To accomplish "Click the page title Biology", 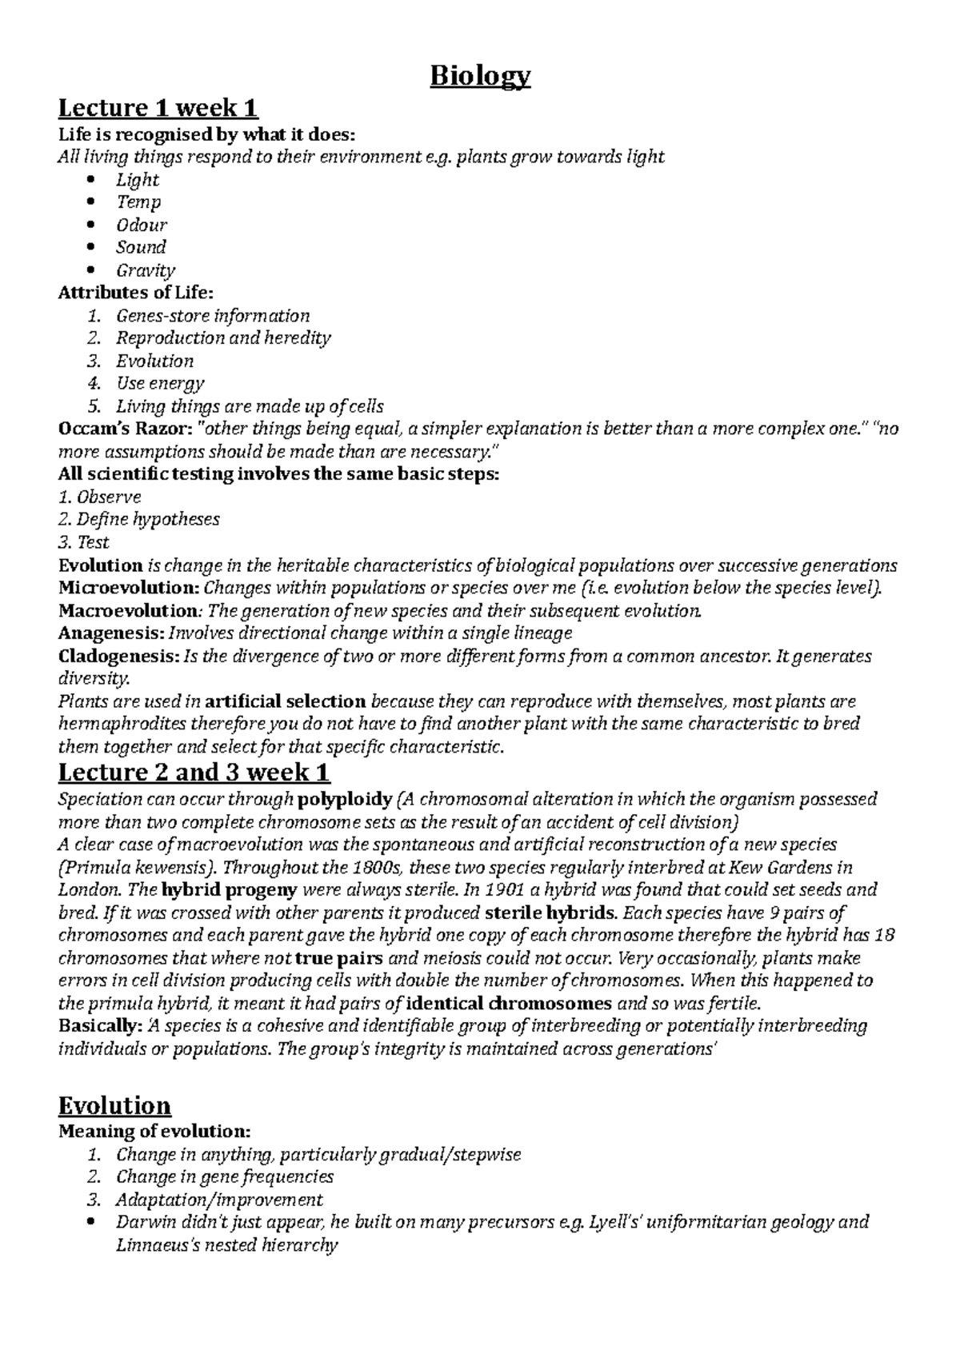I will tap(480, 77).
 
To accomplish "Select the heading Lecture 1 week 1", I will tap(158, 107).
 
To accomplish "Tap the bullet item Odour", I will tap(142, 225).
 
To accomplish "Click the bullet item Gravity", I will tap(145, 270).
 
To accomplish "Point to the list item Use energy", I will tap(160, 383).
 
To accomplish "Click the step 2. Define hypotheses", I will tap(138, 519).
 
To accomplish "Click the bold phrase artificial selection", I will tap(286, 701).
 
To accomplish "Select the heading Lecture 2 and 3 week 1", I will tap(194, 773).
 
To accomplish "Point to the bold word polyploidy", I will tap(345, 799).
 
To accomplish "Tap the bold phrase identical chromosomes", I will tap(510, 1003).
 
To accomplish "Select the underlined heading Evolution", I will tap(114, 1106).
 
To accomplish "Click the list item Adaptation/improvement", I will tap(219, 1200).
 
